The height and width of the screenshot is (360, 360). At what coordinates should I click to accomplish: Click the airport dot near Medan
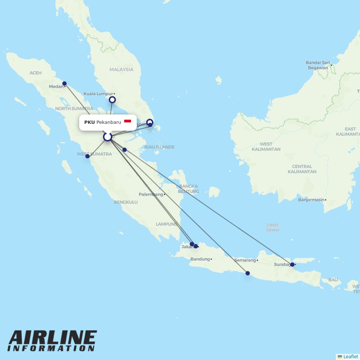pyautogui.click(x=64, y=84)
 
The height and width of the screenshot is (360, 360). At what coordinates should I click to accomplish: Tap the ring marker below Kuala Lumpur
pyautogui.click(x=112, y=100)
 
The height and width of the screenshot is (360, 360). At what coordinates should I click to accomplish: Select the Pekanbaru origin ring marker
pyautogui.click(x=107, y=137)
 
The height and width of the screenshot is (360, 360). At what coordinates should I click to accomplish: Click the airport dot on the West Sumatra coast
pyautogui.click(x=87, y=156)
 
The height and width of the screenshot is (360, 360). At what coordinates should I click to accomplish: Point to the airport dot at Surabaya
pyautogui.click(x=292, y=265)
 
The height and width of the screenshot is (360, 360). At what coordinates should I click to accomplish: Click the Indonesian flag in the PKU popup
pyautogui.click(x=127, y=122)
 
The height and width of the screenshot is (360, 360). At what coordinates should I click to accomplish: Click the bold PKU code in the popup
pyautogui.click(x=89, y=122)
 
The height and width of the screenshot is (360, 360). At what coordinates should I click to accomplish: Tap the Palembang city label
pyautogui.click(x=151, y=194)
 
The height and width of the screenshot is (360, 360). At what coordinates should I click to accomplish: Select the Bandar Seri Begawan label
pyautogui.click(x=318, y=65)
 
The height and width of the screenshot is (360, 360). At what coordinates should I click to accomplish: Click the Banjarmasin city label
pyautogui.click(x=311, y=200)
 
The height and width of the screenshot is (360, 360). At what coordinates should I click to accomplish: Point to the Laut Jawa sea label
pyautogui.click(x=273, y=227)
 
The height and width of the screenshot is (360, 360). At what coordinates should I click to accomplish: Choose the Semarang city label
pyautogui.click(x=245, y=260)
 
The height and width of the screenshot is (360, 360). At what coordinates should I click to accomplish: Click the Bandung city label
pyautogui.click(x=200, y=259)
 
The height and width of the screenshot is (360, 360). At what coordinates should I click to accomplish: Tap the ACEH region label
pyautogui.click(x=36, y=73)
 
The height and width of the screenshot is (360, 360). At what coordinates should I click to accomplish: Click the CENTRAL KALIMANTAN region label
pyautogui.click(x=302, y=169)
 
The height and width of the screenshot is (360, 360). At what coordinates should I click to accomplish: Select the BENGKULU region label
pyautogui.click(x=126, y=202)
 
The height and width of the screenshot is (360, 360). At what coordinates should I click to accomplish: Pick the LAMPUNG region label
pyautogui.click(x=166, y=224)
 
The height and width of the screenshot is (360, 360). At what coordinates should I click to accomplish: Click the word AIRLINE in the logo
pyautogui.click(x=53, y=338)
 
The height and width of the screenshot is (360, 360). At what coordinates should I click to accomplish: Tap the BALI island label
pyautogui.click(x=333, y=280)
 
